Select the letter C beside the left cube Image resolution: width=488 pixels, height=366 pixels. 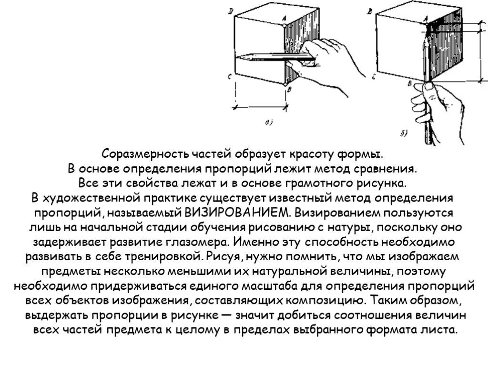[230, 77]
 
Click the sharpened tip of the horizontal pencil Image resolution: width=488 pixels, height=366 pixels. [239, 58]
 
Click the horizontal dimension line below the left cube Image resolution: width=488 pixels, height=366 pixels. [261, 105]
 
